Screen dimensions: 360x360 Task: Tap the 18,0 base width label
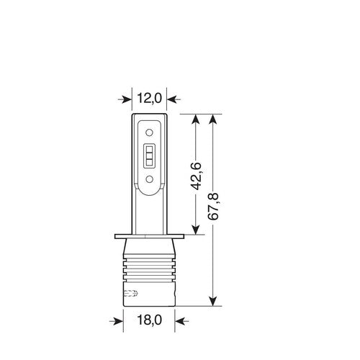coord(148,318)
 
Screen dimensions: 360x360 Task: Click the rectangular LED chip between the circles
coord(149,155)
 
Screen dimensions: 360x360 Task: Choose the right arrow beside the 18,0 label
coord(181,318)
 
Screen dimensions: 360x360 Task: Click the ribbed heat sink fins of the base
coord(148,277)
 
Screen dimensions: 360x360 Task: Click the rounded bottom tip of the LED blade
coord(149,193)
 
